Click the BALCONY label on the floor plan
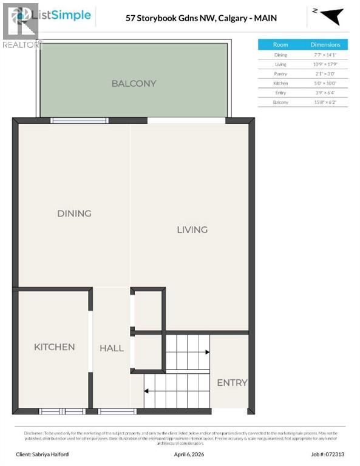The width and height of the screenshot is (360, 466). point(134,84)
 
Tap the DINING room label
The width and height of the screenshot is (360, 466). point(74,214)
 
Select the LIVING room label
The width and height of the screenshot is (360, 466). point(192,229)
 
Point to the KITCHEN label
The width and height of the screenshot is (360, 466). point(54,347)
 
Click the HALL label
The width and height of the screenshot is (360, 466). point(112,348)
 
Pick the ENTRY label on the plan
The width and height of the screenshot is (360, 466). point(232,382)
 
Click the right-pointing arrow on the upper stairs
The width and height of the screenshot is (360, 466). point(206,352)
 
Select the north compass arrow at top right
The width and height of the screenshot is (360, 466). point(331,16)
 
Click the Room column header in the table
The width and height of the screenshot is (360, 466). point(280,44)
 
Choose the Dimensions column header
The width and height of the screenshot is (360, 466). point(325,44)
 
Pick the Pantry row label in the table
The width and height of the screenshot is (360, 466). point(280,73)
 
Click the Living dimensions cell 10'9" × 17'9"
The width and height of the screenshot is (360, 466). point(325,64)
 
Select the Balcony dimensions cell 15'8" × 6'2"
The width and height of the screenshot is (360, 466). point(325,103)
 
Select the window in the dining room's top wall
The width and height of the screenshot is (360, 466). point(79,120)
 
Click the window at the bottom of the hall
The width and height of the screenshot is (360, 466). point(117,411)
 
